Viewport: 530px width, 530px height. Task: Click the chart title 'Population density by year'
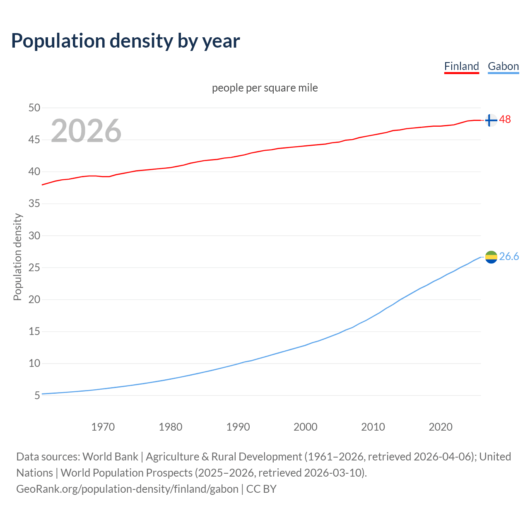tap(125, 41)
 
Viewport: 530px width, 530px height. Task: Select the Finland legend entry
tap(461, 66)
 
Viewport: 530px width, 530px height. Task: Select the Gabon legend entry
tap(503, 66)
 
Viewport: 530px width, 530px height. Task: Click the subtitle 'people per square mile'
tap(265, 88)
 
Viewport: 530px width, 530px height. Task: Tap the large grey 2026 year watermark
tap(86, 131)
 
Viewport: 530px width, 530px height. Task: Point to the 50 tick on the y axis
tap(34, 108)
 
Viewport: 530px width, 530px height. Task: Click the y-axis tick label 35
tap(34, 204)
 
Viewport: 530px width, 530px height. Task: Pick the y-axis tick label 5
tap(37, 395)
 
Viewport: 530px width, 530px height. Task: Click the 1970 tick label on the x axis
tap(103, 427)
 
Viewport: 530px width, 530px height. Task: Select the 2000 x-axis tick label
tap(305, 427)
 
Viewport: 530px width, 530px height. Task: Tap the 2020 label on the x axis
tap(440, 427)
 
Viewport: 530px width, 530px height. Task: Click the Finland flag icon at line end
tap(491, 120)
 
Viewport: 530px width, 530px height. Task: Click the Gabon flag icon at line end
tap(491, 257)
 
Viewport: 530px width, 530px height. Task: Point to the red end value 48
tap(505, 119)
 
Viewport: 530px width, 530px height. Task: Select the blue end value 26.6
tap(509, 257)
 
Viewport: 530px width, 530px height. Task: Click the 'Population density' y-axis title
tap(17, 257)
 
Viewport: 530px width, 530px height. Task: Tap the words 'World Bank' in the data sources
tap(110, 457)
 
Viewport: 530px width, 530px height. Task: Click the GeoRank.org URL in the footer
tap(127, 489)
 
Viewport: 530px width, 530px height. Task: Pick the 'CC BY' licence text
tap(261, 489)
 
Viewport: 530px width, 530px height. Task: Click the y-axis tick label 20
tap(34, 299)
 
